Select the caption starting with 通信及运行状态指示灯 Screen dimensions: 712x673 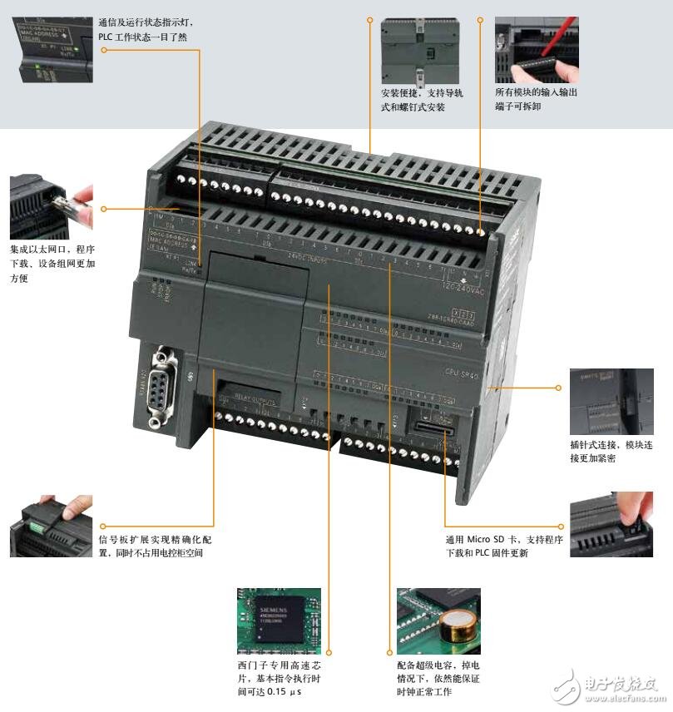[149, 29]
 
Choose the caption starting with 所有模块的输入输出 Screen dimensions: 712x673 [536, 99]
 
